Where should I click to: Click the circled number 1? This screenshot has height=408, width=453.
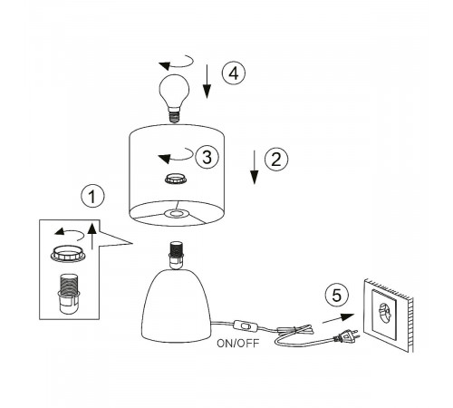pos(92,196)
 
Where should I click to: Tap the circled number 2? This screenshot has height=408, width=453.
pos(276,159)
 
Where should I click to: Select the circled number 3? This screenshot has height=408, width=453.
pos(207,157)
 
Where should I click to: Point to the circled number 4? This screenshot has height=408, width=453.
pos(234,73)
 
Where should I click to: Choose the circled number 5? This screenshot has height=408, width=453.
pos(337,295)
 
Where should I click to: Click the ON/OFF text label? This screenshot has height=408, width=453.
pos(238,344)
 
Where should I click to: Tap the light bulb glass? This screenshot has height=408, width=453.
pos(174,92)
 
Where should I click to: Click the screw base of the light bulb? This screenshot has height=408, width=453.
pos(174,116)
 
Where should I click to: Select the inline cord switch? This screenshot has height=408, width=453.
pos(246,325)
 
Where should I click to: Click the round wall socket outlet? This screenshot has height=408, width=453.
pos(385,313)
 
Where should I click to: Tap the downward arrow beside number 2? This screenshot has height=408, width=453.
pos(255,167)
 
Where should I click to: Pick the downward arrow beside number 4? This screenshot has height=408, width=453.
pos(207,82)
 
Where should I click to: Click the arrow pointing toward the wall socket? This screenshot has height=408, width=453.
pos(338,318)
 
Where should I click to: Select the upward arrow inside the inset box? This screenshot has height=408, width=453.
pos(92,236)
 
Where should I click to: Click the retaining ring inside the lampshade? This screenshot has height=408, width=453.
pos(176,179)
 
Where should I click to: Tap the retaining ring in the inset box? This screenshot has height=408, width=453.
pos(68,253)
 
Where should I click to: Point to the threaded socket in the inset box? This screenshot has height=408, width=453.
pos(68,294)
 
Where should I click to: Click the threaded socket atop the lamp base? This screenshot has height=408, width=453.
pos(176,255)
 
